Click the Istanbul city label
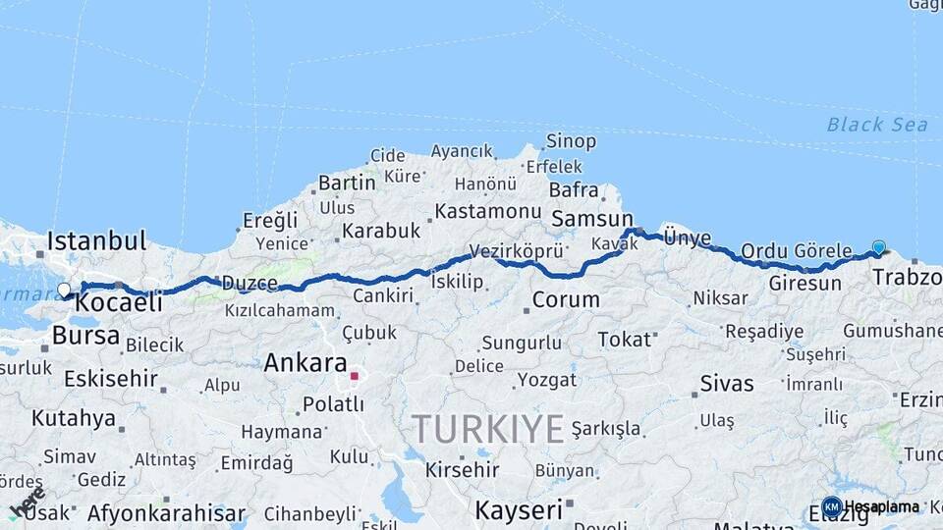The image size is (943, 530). pos(96,240)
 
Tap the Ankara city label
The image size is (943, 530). pos(305,362)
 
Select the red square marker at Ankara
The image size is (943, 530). pos(354,376)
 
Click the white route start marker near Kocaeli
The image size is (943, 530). pos(65,290)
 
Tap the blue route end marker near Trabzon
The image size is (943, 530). pos(878,248)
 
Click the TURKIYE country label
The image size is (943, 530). pos(488,428)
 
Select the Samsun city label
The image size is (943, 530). pos(591,219)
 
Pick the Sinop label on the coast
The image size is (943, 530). pos(571,141)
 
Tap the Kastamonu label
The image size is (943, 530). pos(488,211)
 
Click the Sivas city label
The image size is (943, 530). pos(727,383)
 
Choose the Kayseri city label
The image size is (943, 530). pos(519,509)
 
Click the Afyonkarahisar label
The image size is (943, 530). pos(166,512)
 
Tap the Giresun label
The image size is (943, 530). pos(805,283)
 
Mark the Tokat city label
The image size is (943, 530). pos(625,339)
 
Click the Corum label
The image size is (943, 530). pos(566,299)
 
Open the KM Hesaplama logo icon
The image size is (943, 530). pos(831,506)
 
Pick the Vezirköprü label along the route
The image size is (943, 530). pos(516,250)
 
